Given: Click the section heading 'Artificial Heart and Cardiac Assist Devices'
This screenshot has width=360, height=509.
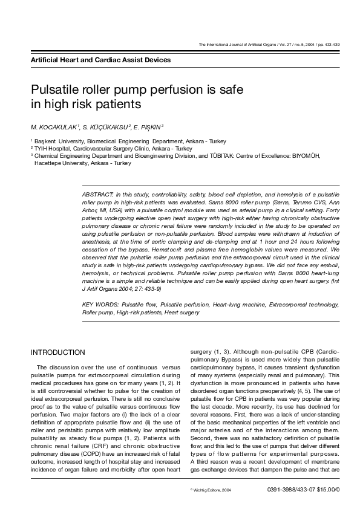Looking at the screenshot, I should click(x=100, y=60).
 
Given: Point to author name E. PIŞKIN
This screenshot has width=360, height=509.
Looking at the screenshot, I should click(x=148, y=128).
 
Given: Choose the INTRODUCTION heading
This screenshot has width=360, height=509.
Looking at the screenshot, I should click(x=58, y=352).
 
